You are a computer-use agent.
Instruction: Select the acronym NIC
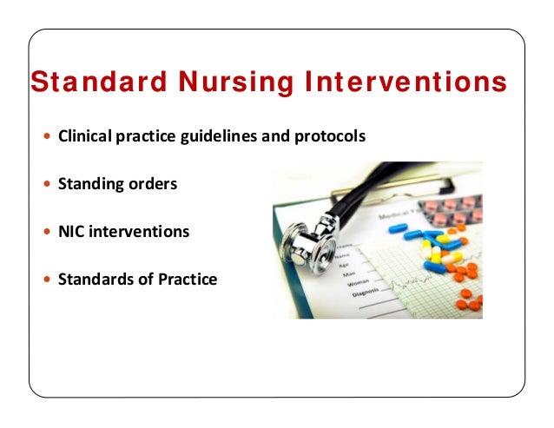[x=70, y=232]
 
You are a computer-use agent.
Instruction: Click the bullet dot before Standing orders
[x=47, y=185]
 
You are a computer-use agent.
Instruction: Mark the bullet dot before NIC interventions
[x=47, y=233]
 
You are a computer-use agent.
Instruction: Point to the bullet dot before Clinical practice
[x=47, y=138]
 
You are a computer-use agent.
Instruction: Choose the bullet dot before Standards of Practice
[x=47, y=280]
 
